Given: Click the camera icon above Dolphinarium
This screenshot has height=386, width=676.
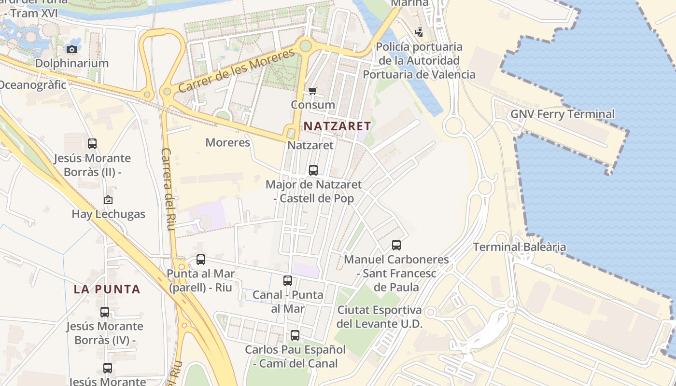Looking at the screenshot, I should (x=71, y=49).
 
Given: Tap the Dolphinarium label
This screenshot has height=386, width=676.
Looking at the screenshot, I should (x=71, y=63).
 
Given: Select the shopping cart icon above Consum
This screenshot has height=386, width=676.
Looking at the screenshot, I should (x=313, y=91).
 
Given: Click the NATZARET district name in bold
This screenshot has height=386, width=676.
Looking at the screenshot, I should (x=337, y=126).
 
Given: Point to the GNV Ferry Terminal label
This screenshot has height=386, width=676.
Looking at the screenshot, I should (x=563, y=114).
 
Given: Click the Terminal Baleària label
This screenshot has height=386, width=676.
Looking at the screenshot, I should (x=520, y=247).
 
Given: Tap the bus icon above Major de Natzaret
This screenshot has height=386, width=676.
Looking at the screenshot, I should (x=313, y=170).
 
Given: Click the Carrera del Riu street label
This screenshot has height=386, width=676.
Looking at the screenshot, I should (x=167, y=189).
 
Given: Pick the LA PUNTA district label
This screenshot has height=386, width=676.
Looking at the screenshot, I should (x=107, y=289).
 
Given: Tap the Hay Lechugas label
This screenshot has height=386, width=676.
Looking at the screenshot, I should (x=108, y=214).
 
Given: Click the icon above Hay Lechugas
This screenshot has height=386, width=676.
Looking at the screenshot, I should (x=108, y=200).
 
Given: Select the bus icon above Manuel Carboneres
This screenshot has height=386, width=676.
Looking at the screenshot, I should (x=396, y=245).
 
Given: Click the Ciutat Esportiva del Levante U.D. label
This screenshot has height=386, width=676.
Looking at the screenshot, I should (x=380, y=317).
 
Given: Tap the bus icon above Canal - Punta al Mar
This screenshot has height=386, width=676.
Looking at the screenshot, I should (x=288, y=280).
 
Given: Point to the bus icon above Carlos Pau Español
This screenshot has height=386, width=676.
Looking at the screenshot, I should (x=295, y=335).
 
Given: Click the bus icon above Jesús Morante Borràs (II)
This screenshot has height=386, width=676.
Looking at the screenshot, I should (x=92, y=143).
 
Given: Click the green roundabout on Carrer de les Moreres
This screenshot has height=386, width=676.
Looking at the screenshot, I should (x=305, y=46).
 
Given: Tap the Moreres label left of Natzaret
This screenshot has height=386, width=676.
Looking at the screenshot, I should (x=227, y=142).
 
